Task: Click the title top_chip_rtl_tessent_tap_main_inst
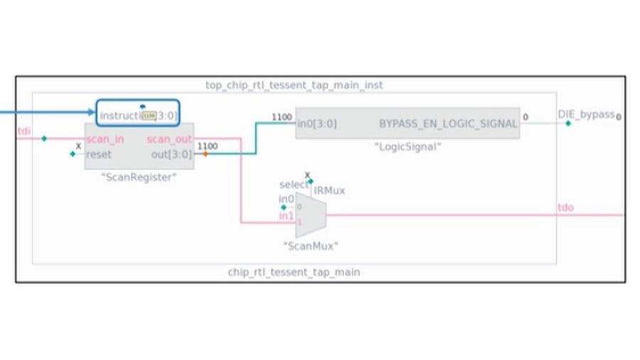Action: click(x=294, y=85)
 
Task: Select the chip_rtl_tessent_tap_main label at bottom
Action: click(x=294, y=272)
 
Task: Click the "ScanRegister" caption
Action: click(x=139, y=178)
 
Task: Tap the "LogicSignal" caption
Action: click(x=408, y=147)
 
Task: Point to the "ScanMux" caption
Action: click(x=311, y=246)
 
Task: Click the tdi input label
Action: click(x=23, y=131)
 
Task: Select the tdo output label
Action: click(x=566, y=208)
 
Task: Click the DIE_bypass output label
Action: click(x=586, y=115)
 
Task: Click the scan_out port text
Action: click(x=169, y=139)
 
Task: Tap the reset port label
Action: click(x=99, y=154)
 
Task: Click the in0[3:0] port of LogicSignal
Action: click(x=317, y=123)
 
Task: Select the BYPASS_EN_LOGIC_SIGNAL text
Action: click(x=448, y=123)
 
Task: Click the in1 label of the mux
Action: click(x=286, y=216)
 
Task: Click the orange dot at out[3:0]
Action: click(x=206, y=154)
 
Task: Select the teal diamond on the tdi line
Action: click(x=44, y=139)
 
